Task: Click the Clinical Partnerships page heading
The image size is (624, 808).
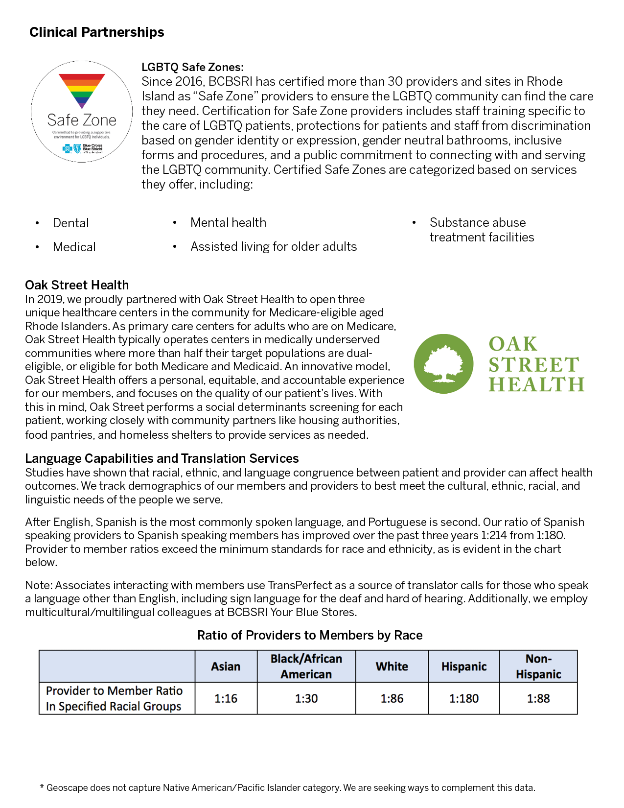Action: pyautogui.click(x=97, y=32)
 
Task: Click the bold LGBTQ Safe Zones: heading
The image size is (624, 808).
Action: pyautogui.click(x=192, y=67)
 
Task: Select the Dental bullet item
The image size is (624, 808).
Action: pyautogui.click(x=71, y=223)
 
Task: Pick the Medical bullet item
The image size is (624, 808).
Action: pyautogui.click(x=74, y=247)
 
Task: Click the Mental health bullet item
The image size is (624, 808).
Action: pyautogui.click(x=228, y=223)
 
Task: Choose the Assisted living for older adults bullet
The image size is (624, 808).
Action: pyautogui.click(x=274, y=247)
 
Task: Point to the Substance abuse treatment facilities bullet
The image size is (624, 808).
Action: pyautogui.click(x=482, y=230)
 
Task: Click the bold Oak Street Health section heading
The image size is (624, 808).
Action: pyautogui.click(x=77, y=285)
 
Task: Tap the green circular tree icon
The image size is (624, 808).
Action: pyautogui.click(x=443, y=364)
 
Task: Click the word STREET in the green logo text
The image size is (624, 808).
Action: pyautogui.click(x=534, y=365)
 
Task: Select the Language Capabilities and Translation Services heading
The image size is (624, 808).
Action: pyautogui.click(x=162, y=458)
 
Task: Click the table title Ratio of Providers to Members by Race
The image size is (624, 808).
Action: pyautogui.click(x=310, y=635)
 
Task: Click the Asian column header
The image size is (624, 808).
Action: pyautogui.click(x=226, y=666)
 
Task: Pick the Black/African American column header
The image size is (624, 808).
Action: pyautogui.click(x=306, y=666)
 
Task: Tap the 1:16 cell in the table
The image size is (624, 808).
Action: pyautogui.click(x=226, y=698)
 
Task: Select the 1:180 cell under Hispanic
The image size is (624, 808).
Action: pyautogui.click(x=464, y=698)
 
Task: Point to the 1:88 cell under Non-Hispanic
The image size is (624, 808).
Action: pyautogui.click(x=538, y=698)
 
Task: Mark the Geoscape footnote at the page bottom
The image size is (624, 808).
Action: pyautogui.click(x=287, y=788)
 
